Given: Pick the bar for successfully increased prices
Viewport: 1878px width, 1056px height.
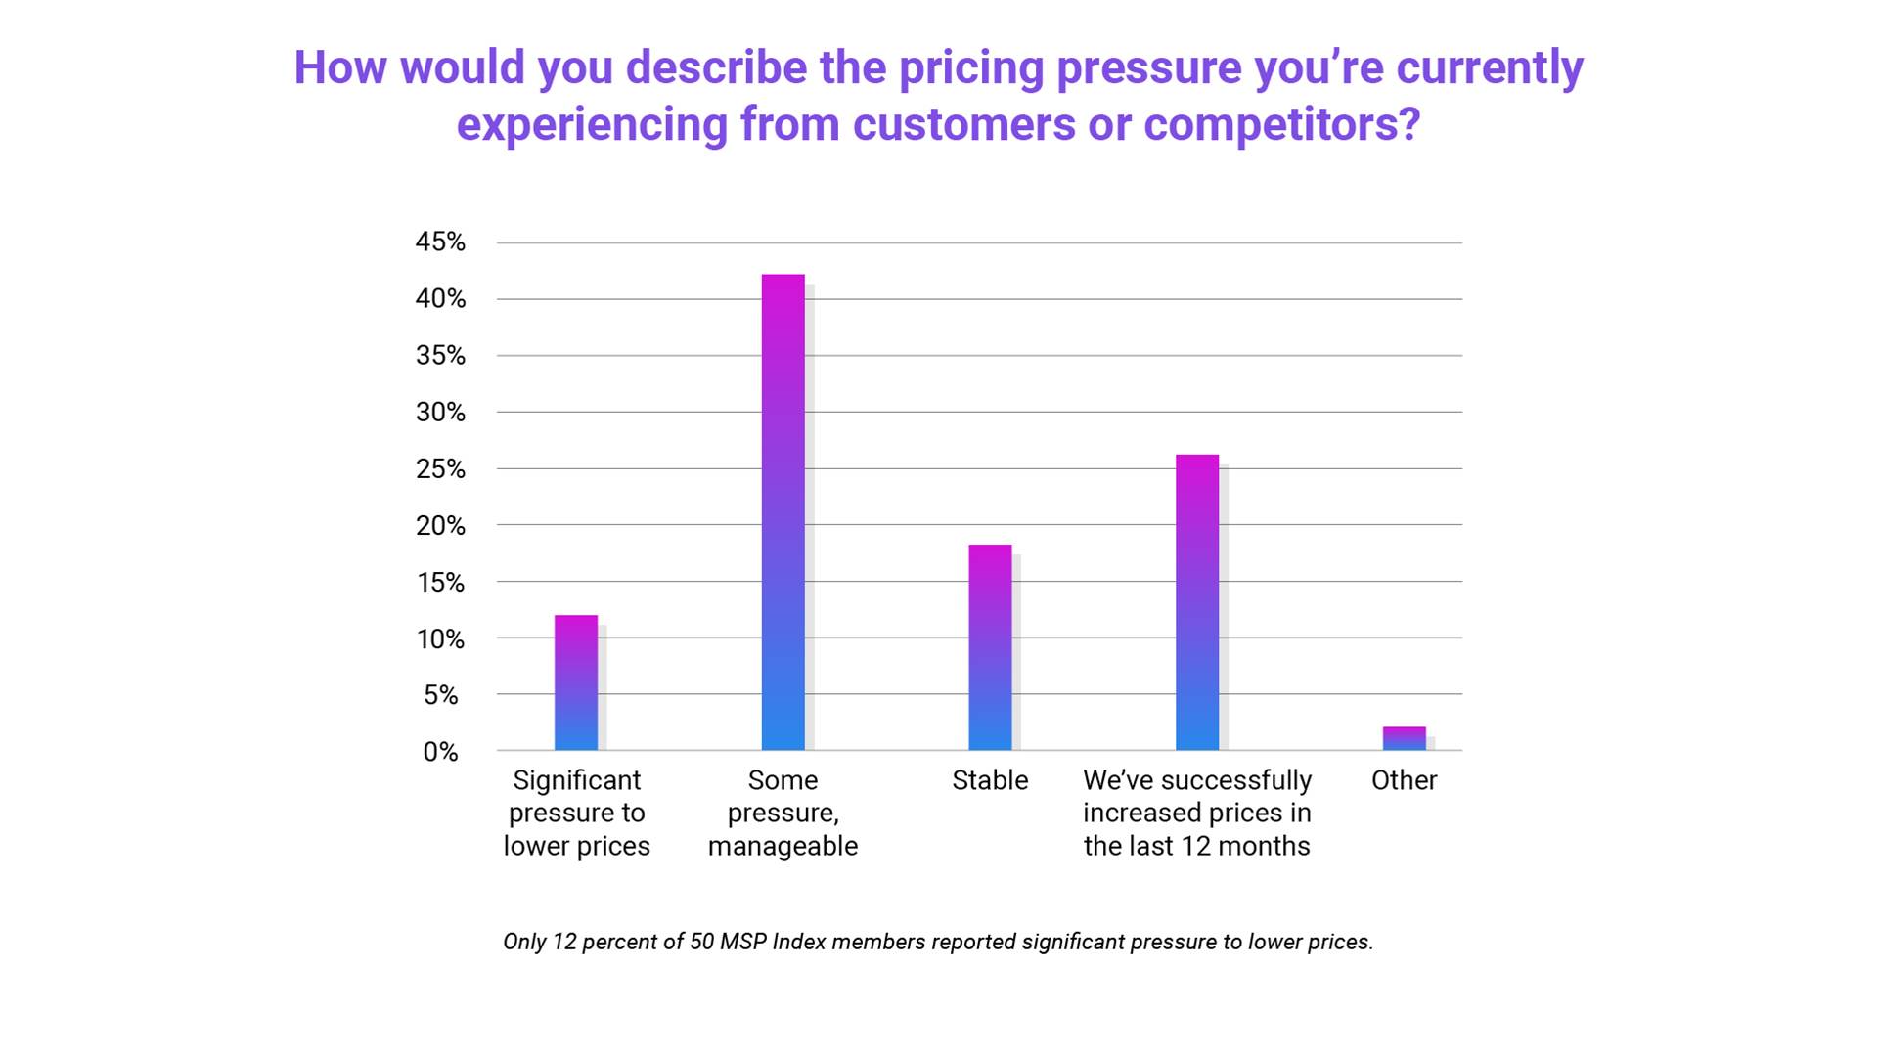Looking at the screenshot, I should [x=1197, y=602].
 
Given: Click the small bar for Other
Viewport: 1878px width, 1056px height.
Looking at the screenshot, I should [x=1404, y=739].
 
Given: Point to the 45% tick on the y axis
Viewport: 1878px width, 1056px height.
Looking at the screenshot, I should [x=440, y=242].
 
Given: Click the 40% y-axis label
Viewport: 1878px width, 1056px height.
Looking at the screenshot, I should [x=440, y=299].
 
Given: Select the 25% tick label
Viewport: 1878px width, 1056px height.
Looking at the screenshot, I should [x=440, y=469].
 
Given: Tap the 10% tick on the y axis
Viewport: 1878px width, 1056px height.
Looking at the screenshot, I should [x=440, y=639].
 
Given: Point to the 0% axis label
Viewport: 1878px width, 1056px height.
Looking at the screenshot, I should [x=440, y=752].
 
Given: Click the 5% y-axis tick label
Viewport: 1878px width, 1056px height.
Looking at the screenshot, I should [x=440, y=695].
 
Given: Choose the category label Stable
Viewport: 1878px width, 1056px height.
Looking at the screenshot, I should [x=990, y=780].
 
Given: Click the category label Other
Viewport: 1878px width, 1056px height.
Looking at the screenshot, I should [x=1404, y=780].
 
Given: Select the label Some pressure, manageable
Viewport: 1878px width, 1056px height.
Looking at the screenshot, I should [x=782, y=813].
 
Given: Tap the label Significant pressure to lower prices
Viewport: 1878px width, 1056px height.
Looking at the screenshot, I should [x=576, y=813].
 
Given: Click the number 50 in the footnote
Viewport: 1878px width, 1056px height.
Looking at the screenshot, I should [x=701, y=942].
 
